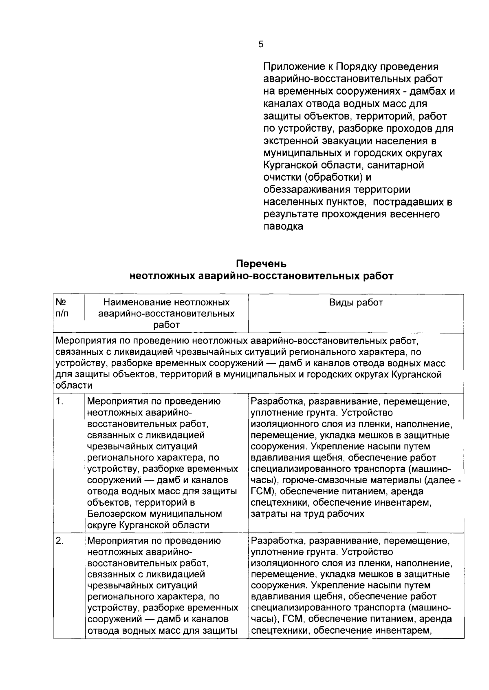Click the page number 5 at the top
pyautogui.click(x=261, y=45)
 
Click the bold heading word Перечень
pyautogui.click(x=261, y=263)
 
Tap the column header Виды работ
pyautogui.click(x=356, y=303)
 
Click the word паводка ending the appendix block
pyautogui.click(x=283, y=226)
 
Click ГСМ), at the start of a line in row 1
pyautogui.click(x=264, y=492)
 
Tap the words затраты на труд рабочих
pyautogui.click(x=307, y=514)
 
